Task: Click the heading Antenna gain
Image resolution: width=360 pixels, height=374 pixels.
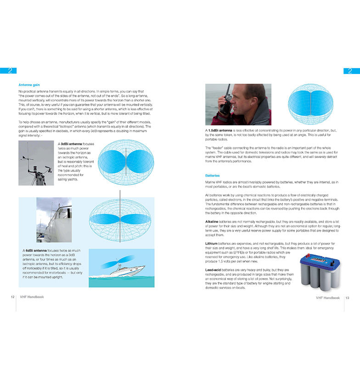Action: pyautogui.click(x=29, y=85)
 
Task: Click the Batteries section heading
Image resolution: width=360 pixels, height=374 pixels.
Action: pyautogui.click(x=213, y=176)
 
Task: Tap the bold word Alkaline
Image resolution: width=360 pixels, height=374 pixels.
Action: pyautogui.click(x=213, y=221)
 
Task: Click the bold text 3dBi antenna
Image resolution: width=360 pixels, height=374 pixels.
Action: pyautogui.click(x=72, y=144)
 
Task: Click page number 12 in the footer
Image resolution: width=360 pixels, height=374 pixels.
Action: pyautogui.click(x=13, y=297)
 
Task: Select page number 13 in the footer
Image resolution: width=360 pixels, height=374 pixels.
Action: pyautogui.click(x=348, y=298)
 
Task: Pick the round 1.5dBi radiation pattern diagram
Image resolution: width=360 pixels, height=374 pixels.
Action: pyautogui.click(x=310, y=104)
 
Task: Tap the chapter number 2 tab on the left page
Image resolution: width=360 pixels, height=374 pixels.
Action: pyautogui.click(x=8, y=71)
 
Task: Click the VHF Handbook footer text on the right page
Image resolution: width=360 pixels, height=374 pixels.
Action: pyautogui.click(x=328, y=298)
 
